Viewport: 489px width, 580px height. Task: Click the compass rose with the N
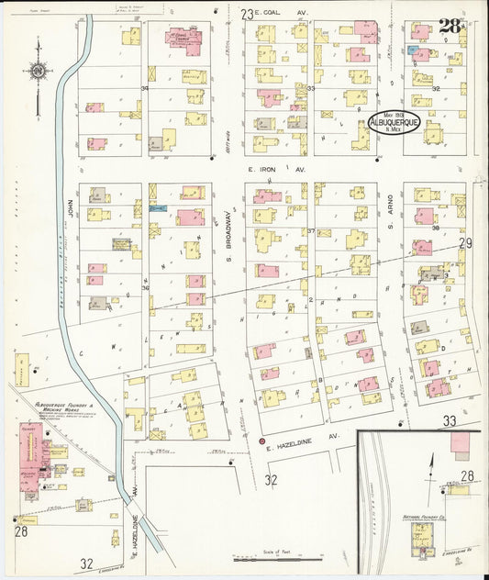tap(38, 70)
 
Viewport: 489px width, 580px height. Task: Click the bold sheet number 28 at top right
tap(449, 26)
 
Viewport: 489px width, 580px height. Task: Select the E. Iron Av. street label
tap(276, 170)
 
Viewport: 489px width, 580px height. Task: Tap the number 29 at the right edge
tap(465, 243)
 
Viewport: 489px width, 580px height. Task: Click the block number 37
tap(311, 230)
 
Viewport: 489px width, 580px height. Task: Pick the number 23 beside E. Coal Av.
tap(246, 14)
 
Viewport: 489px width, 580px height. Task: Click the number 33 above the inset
tap(450, 420)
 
